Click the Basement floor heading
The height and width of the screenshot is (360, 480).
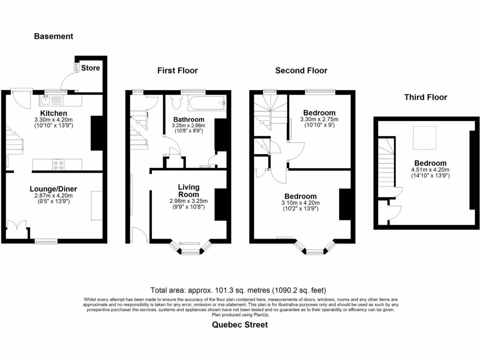[53, 36]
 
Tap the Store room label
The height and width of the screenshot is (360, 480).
[90, 68]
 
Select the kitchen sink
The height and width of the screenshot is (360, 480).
[46, 99]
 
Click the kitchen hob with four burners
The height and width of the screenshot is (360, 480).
[59, 165]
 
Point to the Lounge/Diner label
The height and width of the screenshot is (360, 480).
[53, 189]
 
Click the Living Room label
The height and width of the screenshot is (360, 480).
[189, 191]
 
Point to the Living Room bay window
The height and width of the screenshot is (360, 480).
[189, 248]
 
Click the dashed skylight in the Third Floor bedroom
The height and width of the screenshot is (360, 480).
[424, 136]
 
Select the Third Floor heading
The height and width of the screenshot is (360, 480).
[426, 97]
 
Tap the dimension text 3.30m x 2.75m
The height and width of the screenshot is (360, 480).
[319, 120]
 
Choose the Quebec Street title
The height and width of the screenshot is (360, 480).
[240, 324]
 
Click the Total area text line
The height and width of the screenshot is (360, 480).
[238, 290]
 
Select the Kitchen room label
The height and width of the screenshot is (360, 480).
[53, 113]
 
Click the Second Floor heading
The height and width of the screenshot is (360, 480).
[301, 71]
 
